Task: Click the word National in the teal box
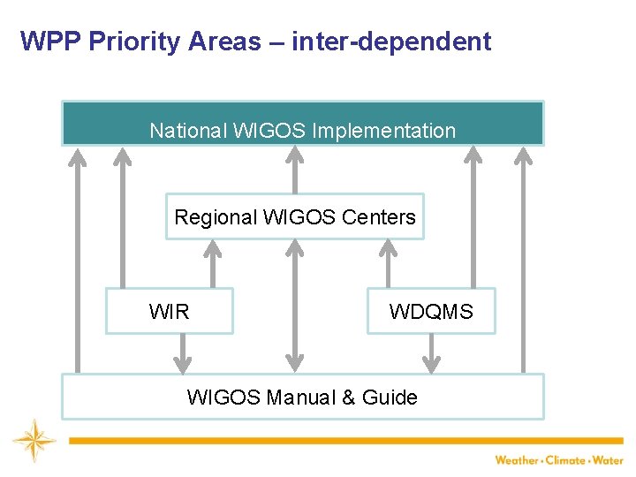click(x=187, y=131)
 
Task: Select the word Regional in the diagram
click(x=216, y=217)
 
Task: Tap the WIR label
click(x=169, y=312)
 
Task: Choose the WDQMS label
click(x=431, y=312)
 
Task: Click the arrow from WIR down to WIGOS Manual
click(x=182, y=353)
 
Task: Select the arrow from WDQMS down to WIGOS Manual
click(x=431, y=353)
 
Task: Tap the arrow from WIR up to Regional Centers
click(x=211, y=263)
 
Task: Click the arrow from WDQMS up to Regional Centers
click(x=387, y=263)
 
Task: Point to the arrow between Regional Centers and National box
click(x=296, y=169)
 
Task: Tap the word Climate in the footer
click(x=566, y=460)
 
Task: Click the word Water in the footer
click(x=607, y=460)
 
